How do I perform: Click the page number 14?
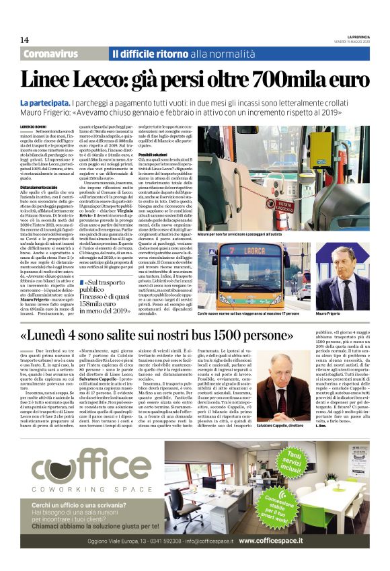25,40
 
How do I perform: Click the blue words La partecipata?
48,102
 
